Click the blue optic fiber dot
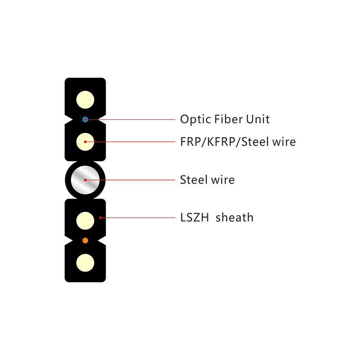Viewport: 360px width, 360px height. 85,119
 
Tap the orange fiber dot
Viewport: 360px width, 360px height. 85,241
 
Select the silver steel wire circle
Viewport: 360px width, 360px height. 85,180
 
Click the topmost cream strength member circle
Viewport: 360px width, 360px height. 85,99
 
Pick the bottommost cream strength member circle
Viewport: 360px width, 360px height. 85,261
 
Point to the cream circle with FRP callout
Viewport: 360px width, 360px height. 85,142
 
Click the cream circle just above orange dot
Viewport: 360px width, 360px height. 85,220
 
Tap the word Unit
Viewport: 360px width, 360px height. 258,119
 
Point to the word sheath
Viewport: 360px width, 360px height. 234,218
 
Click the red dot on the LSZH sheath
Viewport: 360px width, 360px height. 100,218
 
